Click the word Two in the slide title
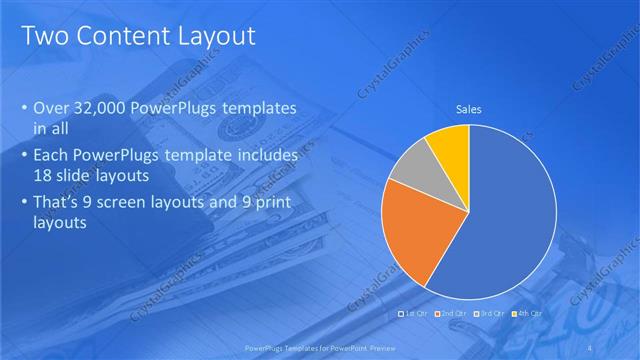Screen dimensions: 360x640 (43, 37)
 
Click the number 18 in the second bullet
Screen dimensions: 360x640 (44, 176)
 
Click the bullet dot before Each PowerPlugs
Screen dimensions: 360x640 (24, 157)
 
